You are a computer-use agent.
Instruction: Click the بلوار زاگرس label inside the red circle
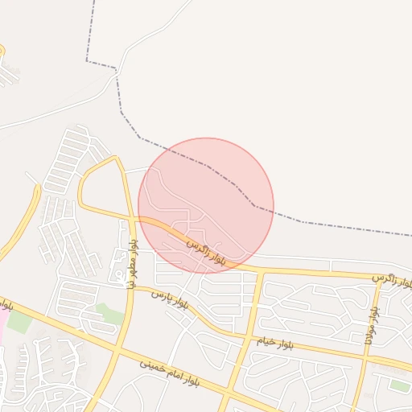pyautogui.click(x=204, y=250)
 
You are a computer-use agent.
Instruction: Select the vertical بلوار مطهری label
pyautogui.click(x=132, y=263)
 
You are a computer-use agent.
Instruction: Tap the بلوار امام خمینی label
pyautogui.click(x=172, y=372)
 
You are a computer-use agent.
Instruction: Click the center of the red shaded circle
pyautogui.click(x=206, y=205)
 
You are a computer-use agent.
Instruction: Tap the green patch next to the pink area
pyautogui.click(x=19, y=322)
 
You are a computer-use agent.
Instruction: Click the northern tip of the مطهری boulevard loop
pyautogui.click(x=113, y=158)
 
